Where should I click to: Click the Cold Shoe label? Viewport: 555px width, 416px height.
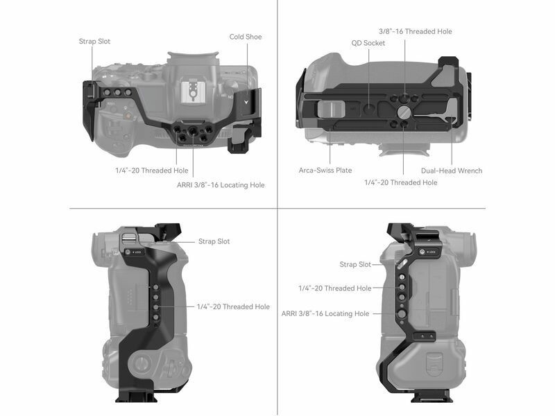246,37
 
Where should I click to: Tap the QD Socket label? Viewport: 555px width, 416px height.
368,43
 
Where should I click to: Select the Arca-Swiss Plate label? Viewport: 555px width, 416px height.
325,170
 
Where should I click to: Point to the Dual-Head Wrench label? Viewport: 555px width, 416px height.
452,171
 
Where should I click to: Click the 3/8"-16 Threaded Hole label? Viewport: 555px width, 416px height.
416,31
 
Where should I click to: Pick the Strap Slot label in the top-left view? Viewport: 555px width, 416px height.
94,42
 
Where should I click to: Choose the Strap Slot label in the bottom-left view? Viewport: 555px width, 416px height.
214,241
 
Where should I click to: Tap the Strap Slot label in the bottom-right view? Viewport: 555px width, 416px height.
355,264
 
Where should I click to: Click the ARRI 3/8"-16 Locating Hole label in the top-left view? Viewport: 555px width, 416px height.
221,185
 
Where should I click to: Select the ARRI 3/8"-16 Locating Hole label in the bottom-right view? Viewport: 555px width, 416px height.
325,313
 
